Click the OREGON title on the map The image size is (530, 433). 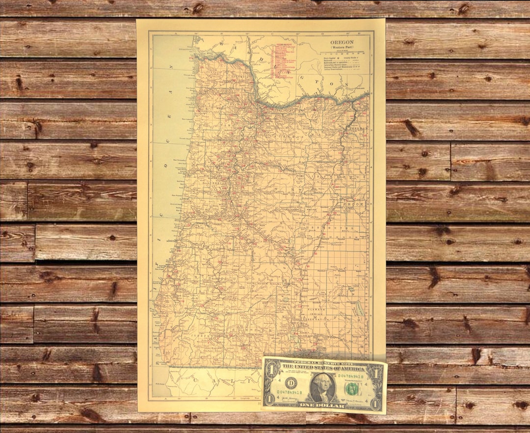[x=342, y=42]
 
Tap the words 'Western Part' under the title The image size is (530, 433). [x=342, y=47]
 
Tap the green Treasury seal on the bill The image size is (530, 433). [x=351, y=388]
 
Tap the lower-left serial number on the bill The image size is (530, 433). [x=289, y=392]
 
